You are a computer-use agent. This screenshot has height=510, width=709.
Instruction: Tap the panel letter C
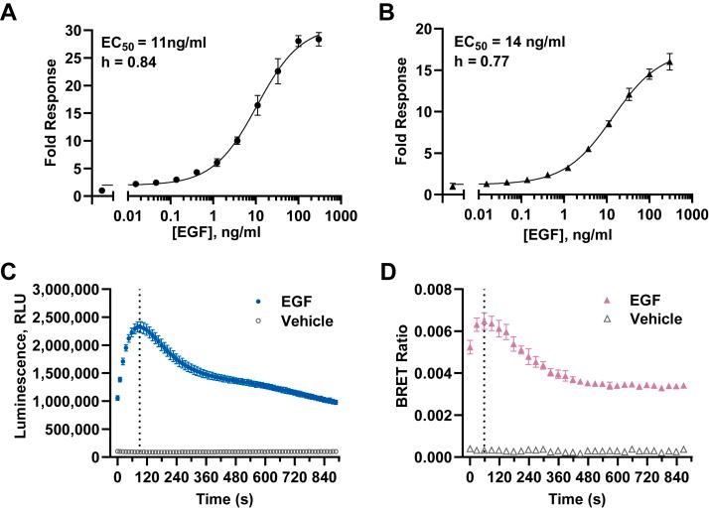point(10,272)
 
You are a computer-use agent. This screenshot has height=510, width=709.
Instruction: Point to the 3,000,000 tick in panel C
point(63,290)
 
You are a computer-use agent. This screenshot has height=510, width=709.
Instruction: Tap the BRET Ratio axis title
point(397,373)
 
